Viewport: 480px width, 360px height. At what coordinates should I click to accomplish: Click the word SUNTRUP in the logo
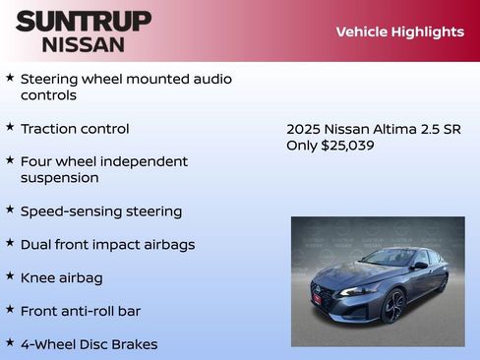click(84, 21)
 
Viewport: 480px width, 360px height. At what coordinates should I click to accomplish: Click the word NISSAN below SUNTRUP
click(84, 44)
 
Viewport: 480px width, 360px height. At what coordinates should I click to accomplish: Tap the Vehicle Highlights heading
click(399, 31)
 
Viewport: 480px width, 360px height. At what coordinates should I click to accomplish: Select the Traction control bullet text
click(75, 129)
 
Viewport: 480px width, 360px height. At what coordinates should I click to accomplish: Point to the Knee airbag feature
click(61, 278)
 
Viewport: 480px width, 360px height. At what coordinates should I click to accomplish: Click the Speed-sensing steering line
click(100, 211)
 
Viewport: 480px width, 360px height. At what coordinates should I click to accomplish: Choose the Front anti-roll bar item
click(81, 311)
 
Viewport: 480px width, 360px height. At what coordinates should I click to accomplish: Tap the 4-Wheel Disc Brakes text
click(89, 344)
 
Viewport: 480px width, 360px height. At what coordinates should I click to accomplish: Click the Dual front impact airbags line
click(107, 245)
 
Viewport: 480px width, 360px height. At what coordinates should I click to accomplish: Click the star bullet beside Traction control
click(10, 127)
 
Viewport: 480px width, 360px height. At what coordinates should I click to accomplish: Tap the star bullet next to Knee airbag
click(10, 276)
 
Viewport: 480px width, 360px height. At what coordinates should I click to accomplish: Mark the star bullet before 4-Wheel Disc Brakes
click(10, 342)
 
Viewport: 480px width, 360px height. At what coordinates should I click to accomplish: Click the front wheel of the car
click(393, 306)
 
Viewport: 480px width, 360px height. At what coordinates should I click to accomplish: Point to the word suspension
click(59, 178)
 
